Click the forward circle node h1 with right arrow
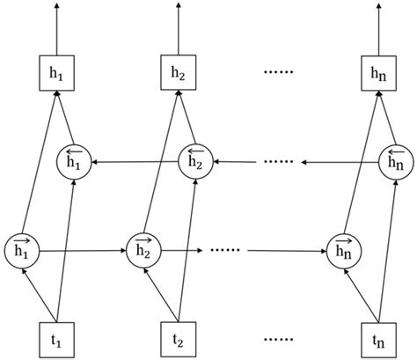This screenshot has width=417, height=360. click(x=21, y=249)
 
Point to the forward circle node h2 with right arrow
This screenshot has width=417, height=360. click(x=143, y=249)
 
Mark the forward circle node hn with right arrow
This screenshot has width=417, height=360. click(x=342, y=249)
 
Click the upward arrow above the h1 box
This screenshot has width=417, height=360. click(x=57, y=26)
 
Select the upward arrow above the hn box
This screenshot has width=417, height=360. click(x=377, y=26)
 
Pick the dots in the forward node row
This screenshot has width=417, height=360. click(x=227, y=250)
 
